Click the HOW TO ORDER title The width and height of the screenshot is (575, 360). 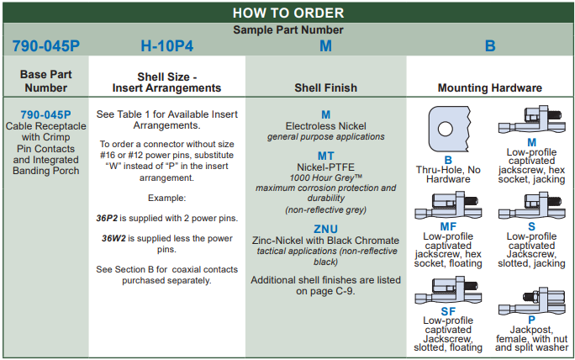(287, 13)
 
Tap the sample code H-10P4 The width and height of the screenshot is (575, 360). (166, 46)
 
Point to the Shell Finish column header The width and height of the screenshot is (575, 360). (325, 87)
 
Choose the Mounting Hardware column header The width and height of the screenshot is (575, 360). (489, 87)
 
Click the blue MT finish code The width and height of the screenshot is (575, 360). (325, 156)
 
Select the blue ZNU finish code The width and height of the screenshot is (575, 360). (325, 228)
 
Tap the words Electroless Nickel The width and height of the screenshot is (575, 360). (325, 125)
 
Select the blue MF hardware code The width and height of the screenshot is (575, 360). (448, 226)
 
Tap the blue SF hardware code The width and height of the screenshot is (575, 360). (448, 311)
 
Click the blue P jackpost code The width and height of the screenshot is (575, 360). (531, 320)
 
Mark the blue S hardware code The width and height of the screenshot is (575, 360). (531, 226)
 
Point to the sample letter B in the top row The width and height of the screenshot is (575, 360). (490, 46)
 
